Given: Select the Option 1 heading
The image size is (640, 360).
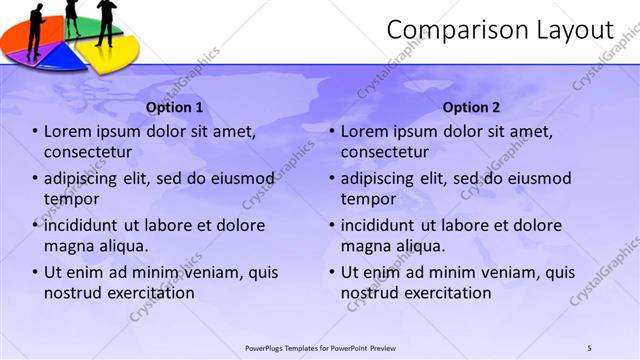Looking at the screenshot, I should (x=174, y=107).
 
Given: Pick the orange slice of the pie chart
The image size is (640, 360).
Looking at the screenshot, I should (x=20, y=36).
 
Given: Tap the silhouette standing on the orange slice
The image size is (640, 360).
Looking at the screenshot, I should (x=36, y=25).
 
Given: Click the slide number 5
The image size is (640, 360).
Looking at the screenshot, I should (x=589, y=347).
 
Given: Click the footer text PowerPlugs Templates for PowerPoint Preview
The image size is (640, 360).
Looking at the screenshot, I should (x=320, y=347).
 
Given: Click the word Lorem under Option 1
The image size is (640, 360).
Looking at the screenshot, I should (x=68, y=131).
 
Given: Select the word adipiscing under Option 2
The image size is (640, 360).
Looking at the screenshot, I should (x=380, y=178).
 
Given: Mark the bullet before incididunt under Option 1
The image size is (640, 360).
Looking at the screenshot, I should (x=35, y=225).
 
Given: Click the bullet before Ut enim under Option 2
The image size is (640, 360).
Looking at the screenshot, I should (x=332, y=272).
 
